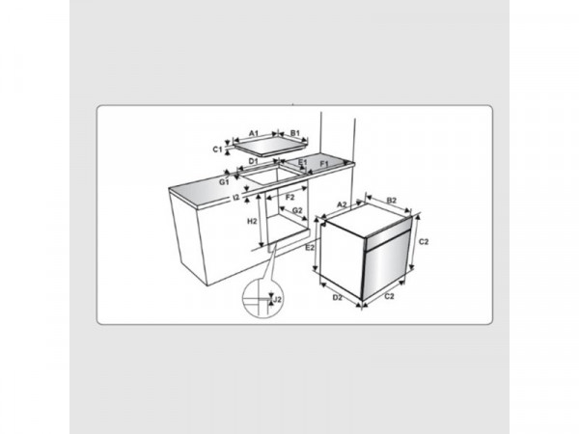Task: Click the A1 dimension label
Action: [x=254, y=133]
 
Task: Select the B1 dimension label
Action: [x=294, y=133]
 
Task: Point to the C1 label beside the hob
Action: [x=218, y=149]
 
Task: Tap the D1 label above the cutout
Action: [x=253, y=161]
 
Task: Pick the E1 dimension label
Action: [x=302, y=162]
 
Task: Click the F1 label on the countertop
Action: [x=324, y=164]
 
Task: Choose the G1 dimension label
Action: [x=224, y=182]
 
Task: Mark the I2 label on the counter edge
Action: [x=236, y=198]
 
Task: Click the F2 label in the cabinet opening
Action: [x=290, y=198]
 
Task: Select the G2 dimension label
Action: [x=297, y=210]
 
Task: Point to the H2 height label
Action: [x=252, y=222]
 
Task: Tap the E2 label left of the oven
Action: [x=310, y=248]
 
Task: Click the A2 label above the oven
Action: [x=343, y=204]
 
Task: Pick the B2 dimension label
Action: [x=392, y=201]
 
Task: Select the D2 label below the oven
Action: [x=337, y=297]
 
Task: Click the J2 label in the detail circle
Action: [x=278, y=299]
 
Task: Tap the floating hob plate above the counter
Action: [x=270, y=148]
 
